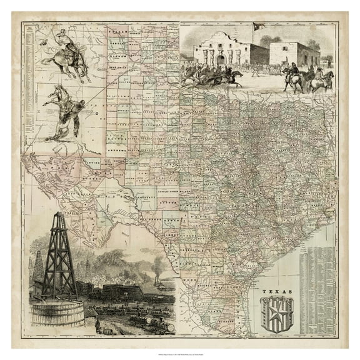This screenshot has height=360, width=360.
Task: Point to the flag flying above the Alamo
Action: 258,26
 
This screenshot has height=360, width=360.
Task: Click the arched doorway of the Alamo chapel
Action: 221,59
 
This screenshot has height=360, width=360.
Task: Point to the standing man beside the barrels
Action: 97,325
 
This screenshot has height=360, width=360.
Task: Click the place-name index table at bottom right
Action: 316,281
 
